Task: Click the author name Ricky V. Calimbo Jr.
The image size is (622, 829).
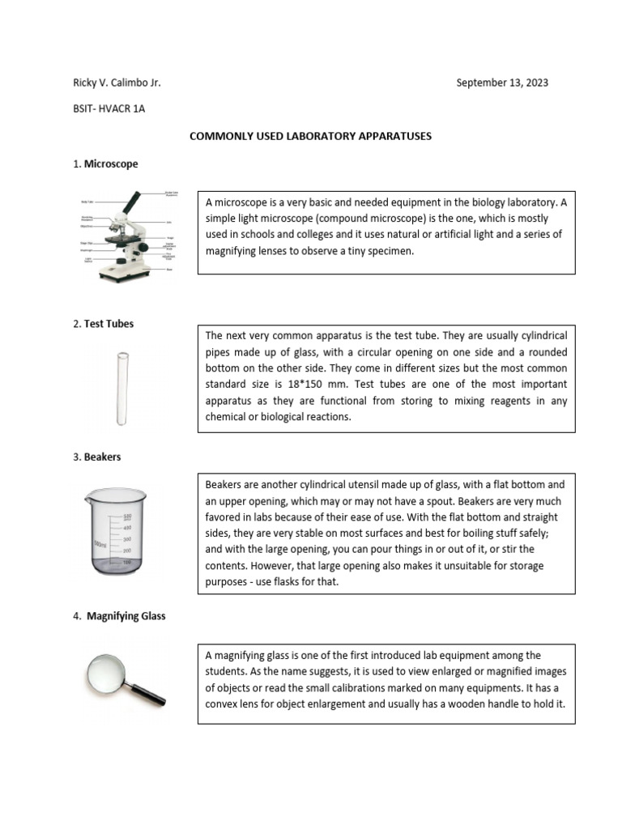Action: tap(117, 83)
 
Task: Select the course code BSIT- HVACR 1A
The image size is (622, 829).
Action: tap(109, 108)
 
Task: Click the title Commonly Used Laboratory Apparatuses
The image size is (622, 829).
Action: tap(310, 137)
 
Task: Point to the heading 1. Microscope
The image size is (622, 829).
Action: tap(105, 164)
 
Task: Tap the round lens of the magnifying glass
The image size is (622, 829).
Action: tap(108, 670)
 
